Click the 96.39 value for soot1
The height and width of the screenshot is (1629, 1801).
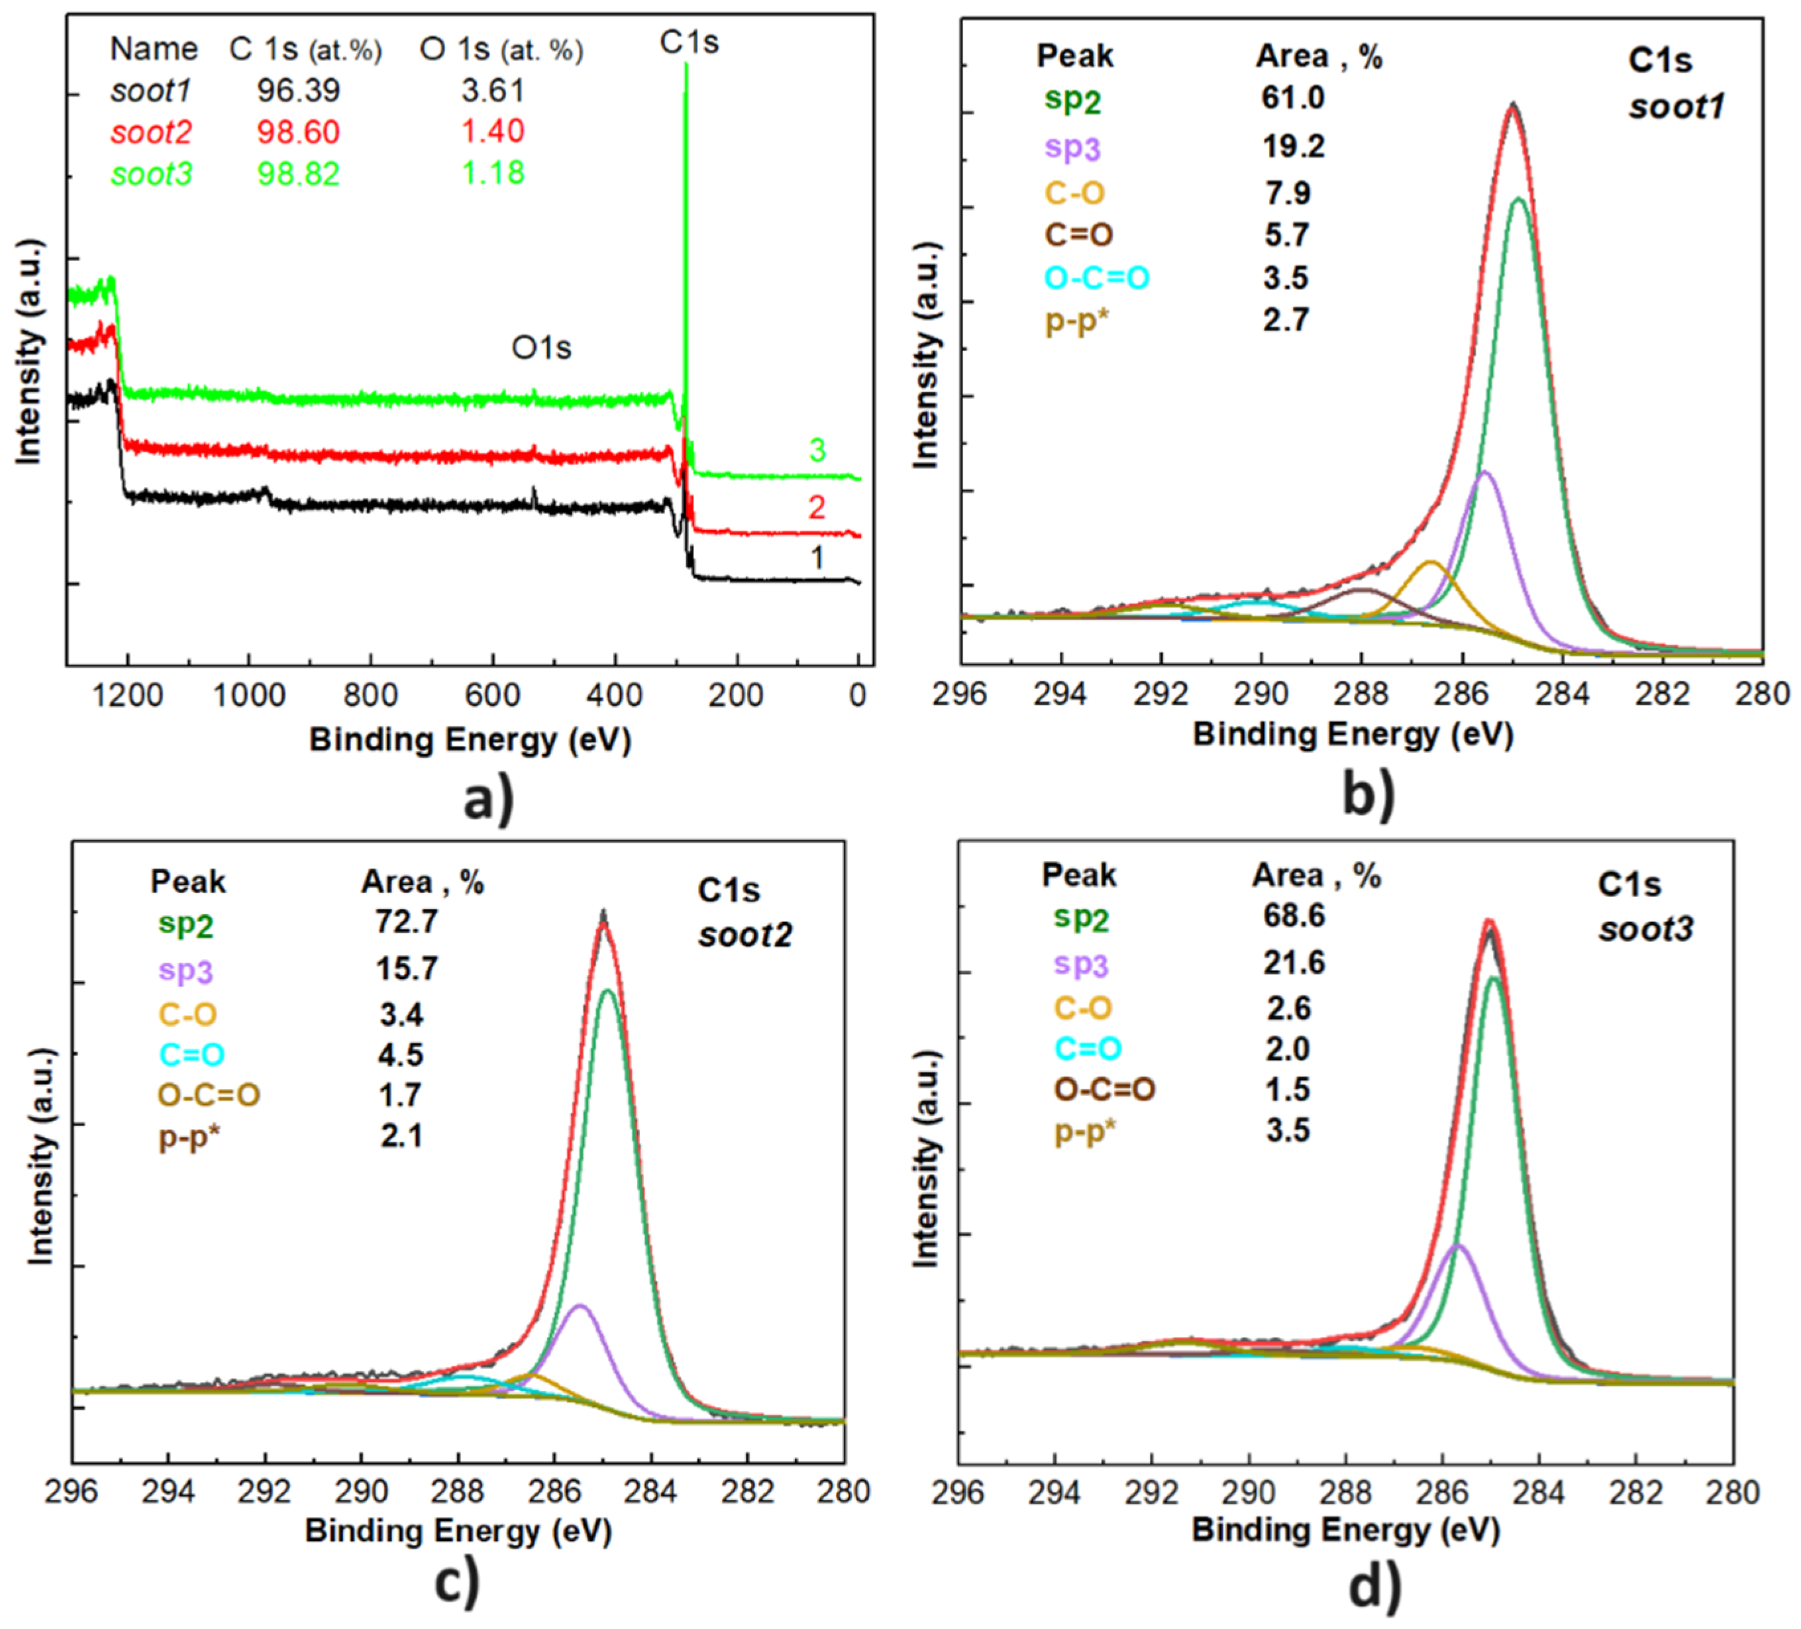(x=298, y=90)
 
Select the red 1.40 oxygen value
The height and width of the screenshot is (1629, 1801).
(x=492, y=131)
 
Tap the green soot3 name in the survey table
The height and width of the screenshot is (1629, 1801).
(x=151, y=174)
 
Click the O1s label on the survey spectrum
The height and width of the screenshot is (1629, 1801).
(x=540, y=348)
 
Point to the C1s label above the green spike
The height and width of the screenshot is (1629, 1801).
(x=689, y=42)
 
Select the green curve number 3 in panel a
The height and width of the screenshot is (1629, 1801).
(x=817, y=449)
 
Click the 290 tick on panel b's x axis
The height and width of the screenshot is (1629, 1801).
(x=1261, y=694)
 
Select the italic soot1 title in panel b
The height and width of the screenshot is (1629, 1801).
(x=1676, y=107)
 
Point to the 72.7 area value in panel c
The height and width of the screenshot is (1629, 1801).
(x=407, y=920)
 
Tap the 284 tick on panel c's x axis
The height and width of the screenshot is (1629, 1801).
(x=650, y=1491)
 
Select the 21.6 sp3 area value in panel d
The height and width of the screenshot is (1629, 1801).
(x=1294, y=963)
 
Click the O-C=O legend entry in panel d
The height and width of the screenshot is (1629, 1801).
(x=1104, y=1089)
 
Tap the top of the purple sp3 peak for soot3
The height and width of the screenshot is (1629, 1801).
(x=1458, y=1245)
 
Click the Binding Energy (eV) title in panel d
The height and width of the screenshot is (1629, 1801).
(x=1345, y=1529)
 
